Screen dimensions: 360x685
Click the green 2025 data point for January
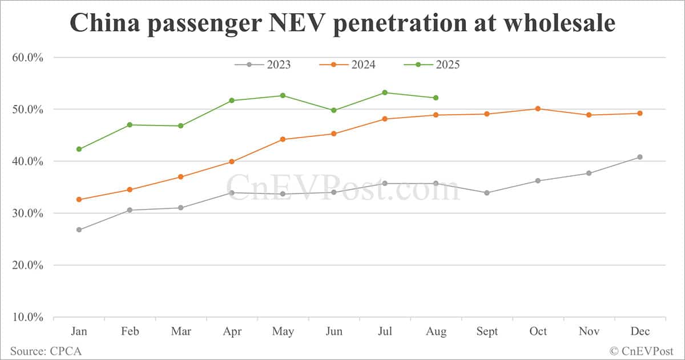79,149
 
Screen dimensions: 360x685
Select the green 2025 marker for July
385,92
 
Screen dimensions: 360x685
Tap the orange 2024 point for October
538,108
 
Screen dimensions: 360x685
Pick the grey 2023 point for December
640,157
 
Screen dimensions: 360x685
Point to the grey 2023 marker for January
79,230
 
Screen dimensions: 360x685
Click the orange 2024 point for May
283,139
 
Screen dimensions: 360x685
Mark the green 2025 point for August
436,98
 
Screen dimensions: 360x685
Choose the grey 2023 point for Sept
487,193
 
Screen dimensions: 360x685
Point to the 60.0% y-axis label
28,57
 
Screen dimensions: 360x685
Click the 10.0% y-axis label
28,317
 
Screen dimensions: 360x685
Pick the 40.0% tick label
28,161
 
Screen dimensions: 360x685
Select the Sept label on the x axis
487,331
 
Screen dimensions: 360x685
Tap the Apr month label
232,331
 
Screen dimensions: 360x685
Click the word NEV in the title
297,23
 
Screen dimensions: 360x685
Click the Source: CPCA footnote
42,351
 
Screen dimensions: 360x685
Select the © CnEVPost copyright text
642,351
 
